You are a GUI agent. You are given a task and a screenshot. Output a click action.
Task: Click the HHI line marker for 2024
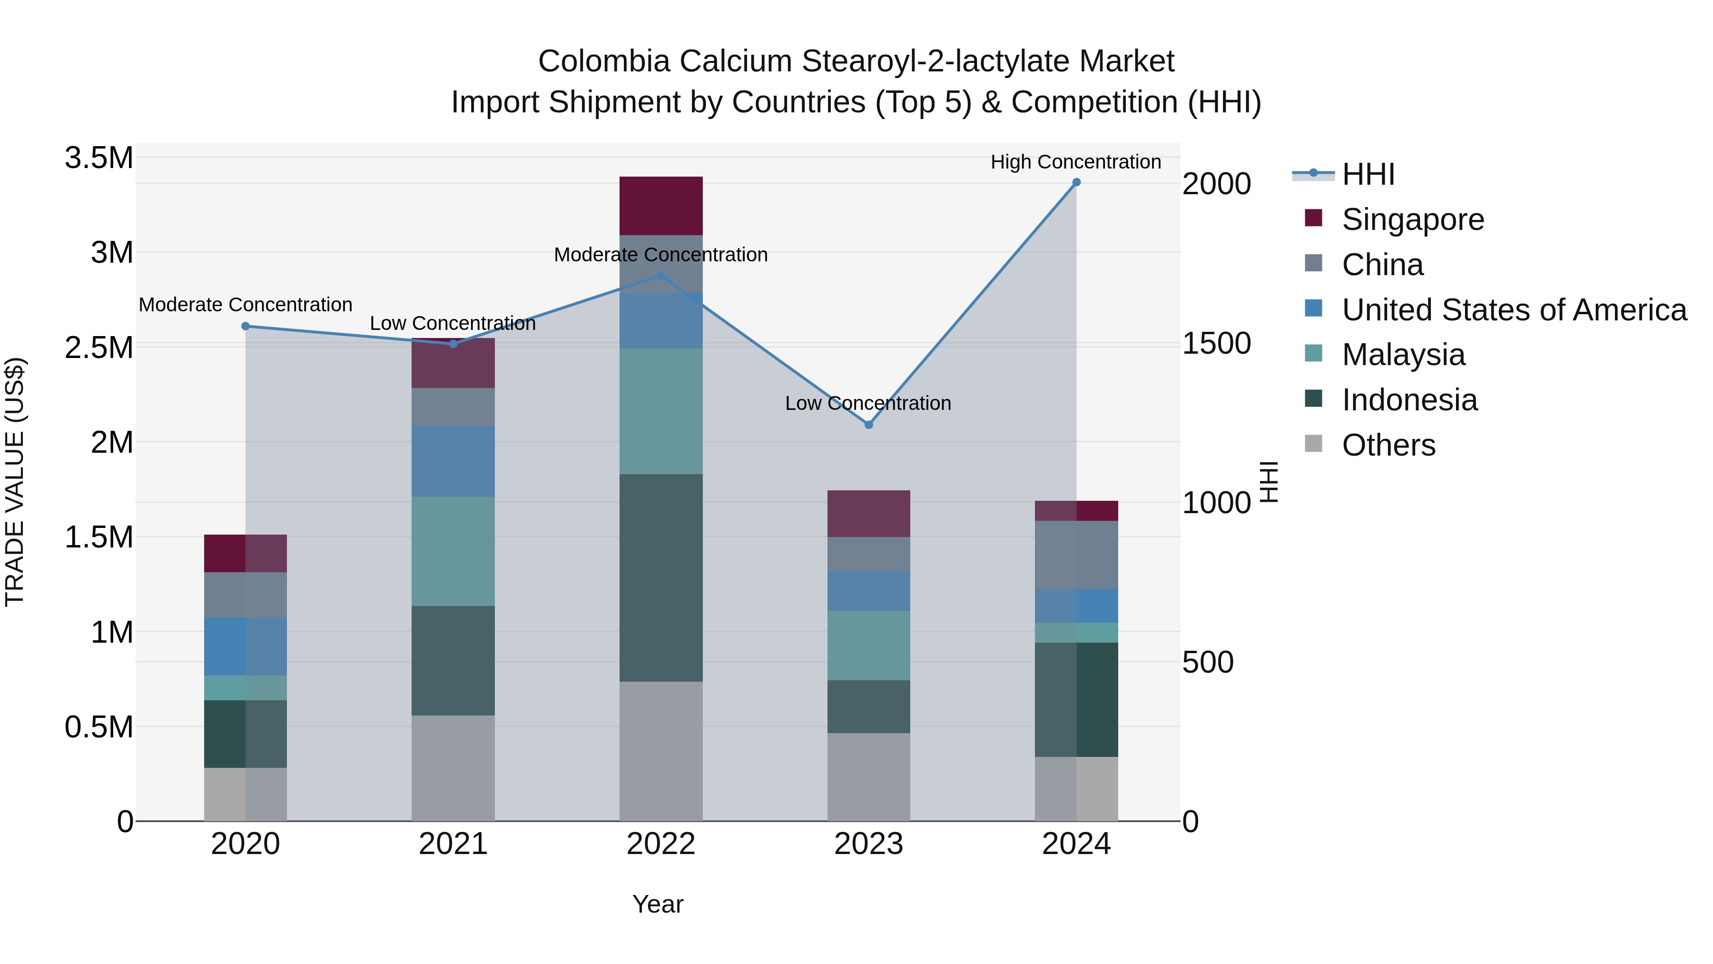click(1076, 182)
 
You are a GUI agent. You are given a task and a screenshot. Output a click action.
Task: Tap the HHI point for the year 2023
click(868, 425)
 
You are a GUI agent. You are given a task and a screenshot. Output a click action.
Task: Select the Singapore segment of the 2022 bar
click(661, 206)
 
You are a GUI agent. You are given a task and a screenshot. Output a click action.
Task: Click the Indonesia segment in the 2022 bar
click(661, 577)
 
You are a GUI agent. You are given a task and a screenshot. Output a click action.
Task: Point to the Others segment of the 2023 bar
click(868, 776)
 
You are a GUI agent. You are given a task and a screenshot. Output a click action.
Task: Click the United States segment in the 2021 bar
click(453, 460)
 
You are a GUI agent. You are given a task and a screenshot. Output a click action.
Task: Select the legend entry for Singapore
click(1412, 219)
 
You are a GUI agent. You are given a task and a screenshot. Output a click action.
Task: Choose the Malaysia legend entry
click(1403, 355)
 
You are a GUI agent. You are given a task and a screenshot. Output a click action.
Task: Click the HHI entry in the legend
click(1368, 174)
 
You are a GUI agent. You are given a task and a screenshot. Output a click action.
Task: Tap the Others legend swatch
click(1313, 444)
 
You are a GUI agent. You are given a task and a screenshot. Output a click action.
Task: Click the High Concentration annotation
click(1075, 162)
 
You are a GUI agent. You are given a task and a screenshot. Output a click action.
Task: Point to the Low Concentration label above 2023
click(868, 403)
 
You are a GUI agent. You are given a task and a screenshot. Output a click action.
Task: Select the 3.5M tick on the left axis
click(99, 159)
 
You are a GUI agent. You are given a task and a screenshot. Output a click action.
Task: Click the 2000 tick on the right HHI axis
click(1216, 184)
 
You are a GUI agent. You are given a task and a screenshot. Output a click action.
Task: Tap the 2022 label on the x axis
click(661, 844)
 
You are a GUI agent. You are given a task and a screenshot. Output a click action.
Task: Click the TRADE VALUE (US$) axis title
click(15, 482)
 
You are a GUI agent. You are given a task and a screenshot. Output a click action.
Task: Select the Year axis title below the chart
click(658, 904)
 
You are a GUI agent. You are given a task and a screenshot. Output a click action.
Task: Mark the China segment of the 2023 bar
click(868, 554)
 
